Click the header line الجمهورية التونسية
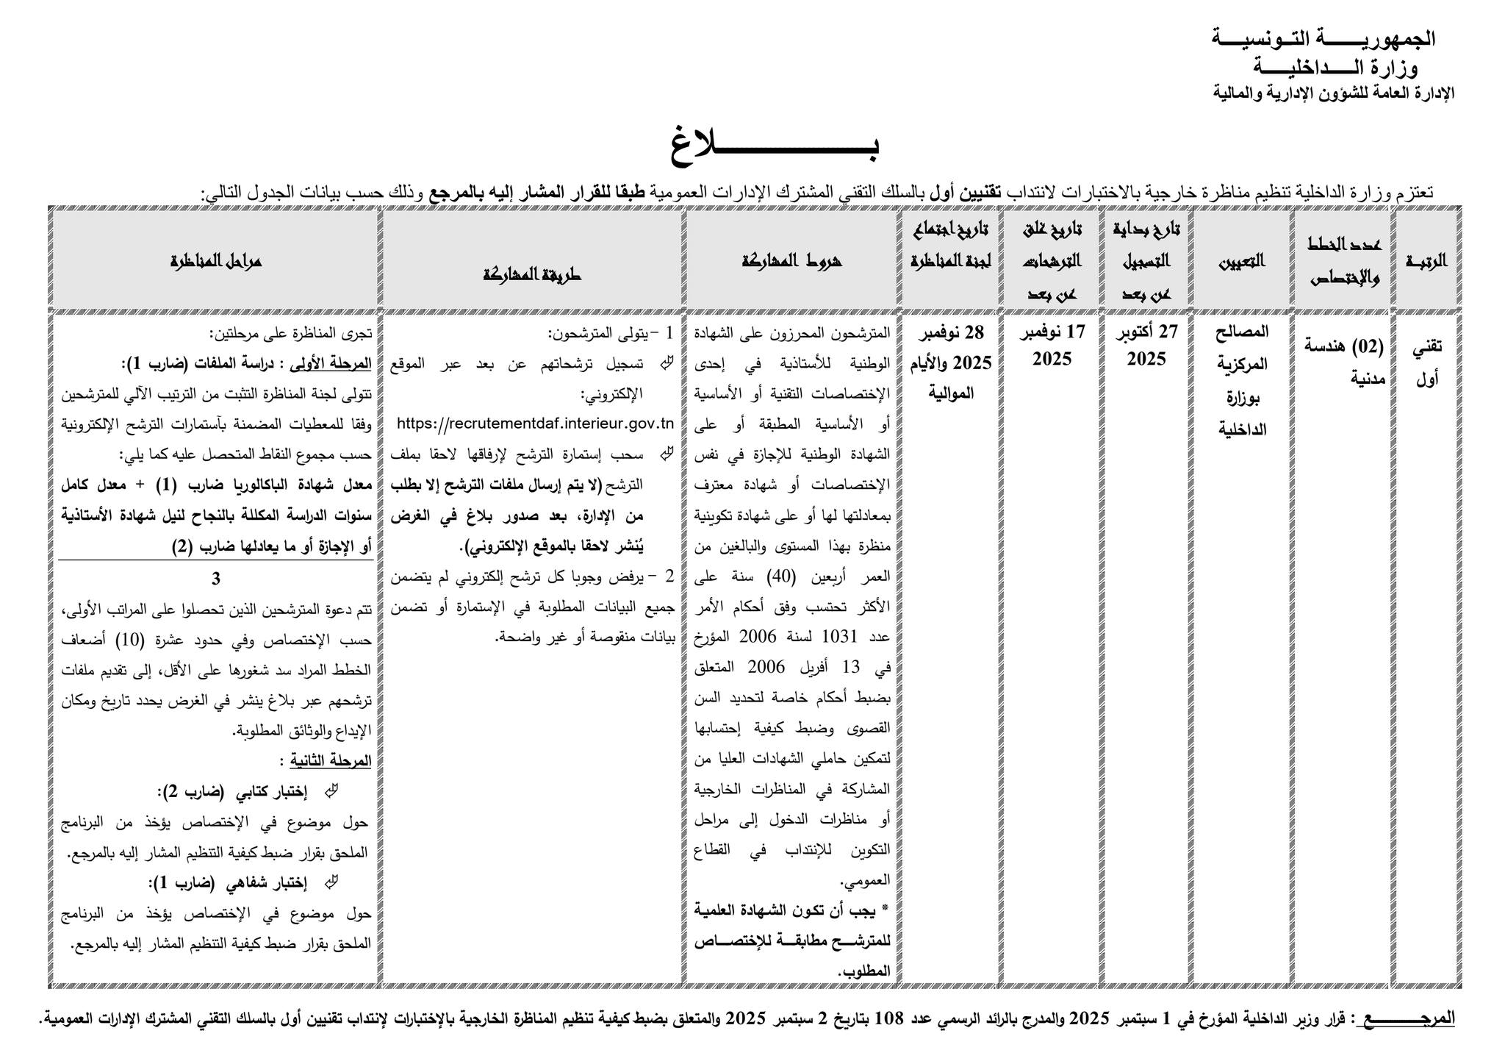[x=1323, y=38]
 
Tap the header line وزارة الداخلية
[x=1336, y=67]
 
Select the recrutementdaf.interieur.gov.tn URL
[x=535, y=424]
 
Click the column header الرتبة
[x=1426, y=261]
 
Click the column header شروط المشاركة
[x=792, y=261]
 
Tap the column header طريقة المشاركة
[x=532, y=274]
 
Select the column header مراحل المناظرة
[x=216, y=261]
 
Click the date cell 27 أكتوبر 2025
[x=1146, y=346]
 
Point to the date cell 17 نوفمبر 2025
[x=1052, y=346]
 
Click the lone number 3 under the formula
[x=216, y=579]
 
